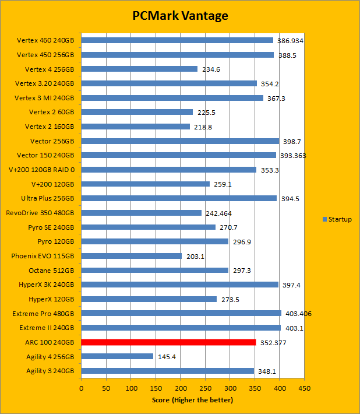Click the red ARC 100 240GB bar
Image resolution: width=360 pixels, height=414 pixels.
[168, 342]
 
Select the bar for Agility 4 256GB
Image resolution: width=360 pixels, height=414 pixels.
[117, 356]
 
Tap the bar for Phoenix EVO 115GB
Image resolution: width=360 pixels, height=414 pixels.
[132, 256]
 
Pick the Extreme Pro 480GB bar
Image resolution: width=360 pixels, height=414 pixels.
[181, 313]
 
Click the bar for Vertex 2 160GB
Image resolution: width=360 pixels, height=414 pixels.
[135, 127]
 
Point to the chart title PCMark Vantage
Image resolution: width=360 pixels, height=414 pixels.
[179, 16]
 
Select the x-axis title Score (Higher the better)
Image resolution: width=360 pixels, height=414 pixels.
[192, 399]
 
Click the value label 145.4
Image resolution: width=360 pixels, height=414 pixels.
[167, 356]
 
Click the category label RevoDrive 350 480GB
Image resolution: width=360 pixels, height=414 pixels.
[40, 213]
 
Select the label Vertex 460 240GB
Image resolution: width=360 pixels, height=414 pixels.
[45, 40]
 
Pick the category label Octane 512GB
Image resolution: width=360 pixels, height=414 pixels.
[51, 271]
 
